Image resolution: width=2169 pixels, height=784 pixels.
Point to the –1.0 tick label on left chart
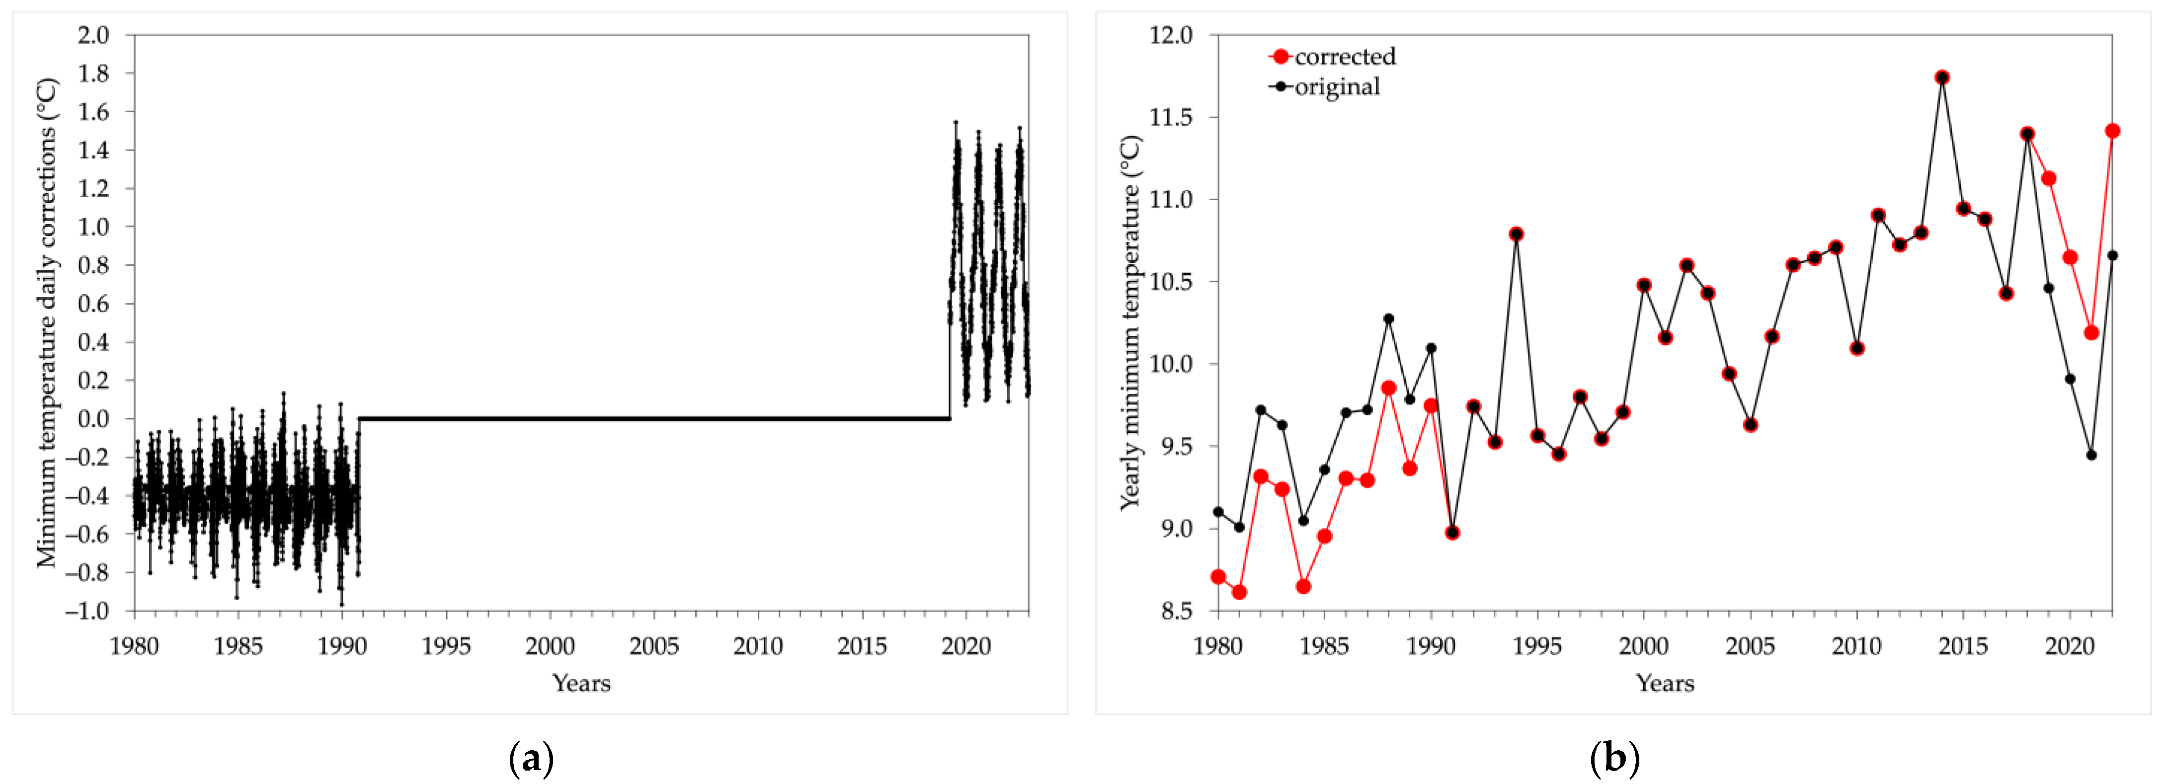click(x=87, y=611)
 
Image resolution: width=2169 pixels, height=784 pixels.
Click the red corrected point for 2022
click(x=2112, y=131)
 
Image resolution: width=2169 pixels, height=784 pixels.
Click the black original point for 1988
click(x=1388, y=319)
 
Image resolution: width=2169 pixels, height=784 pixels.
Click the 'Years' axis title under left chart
click(x=581, y=683)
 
